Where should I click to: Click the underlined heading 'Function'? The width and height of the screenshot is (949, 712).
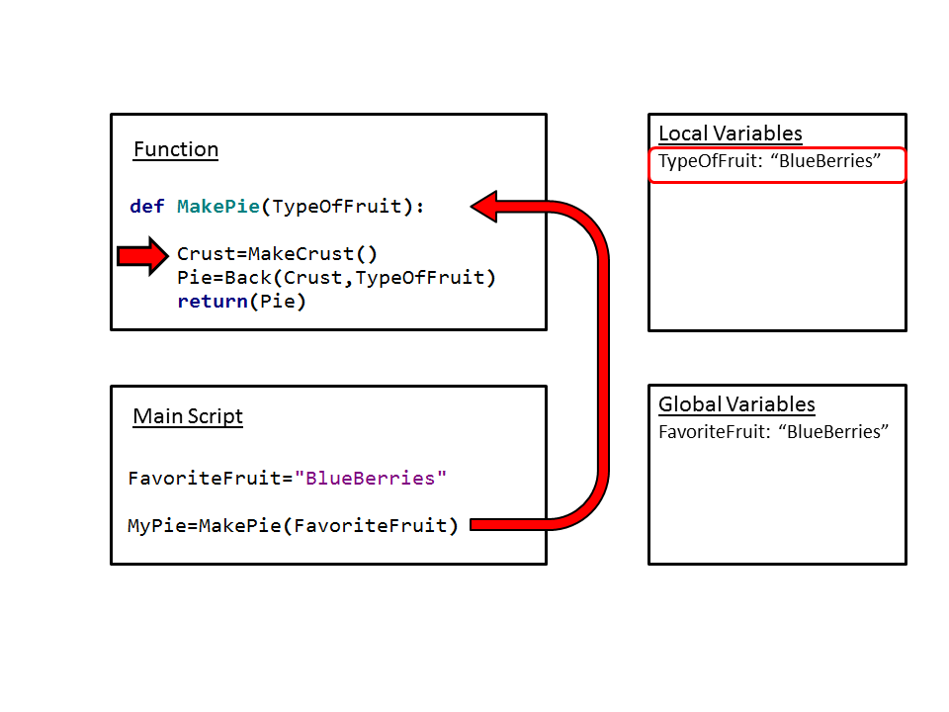tap(176, 150)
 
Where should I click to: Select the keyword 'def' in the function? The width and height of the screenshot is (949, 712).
tap(147, 207)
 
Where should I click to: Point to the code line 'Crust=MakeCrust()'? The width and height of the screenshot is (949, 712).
tap(277, 254)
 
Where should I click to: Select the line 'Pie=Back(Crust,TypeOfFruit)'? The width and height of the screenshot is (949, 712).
tap(336, 278)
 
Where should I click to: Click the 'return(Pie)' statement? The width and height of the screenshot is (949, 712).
tap(242, 302)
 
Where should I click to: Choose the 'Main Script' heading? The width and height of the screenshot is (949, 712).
tap(188, 416)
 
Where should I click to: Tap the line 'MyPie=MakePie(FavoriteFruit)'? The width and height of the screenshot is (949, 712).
tap(294, 526)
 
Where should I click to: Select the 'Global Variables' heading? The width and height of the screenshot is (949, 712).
tap(736, 405)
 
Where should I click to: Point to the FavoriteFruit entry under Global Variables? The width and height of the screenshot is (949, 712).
tap(774, 432)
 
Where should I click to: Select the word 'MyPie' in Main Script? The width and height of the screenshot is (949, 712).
tap(158, 526)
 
